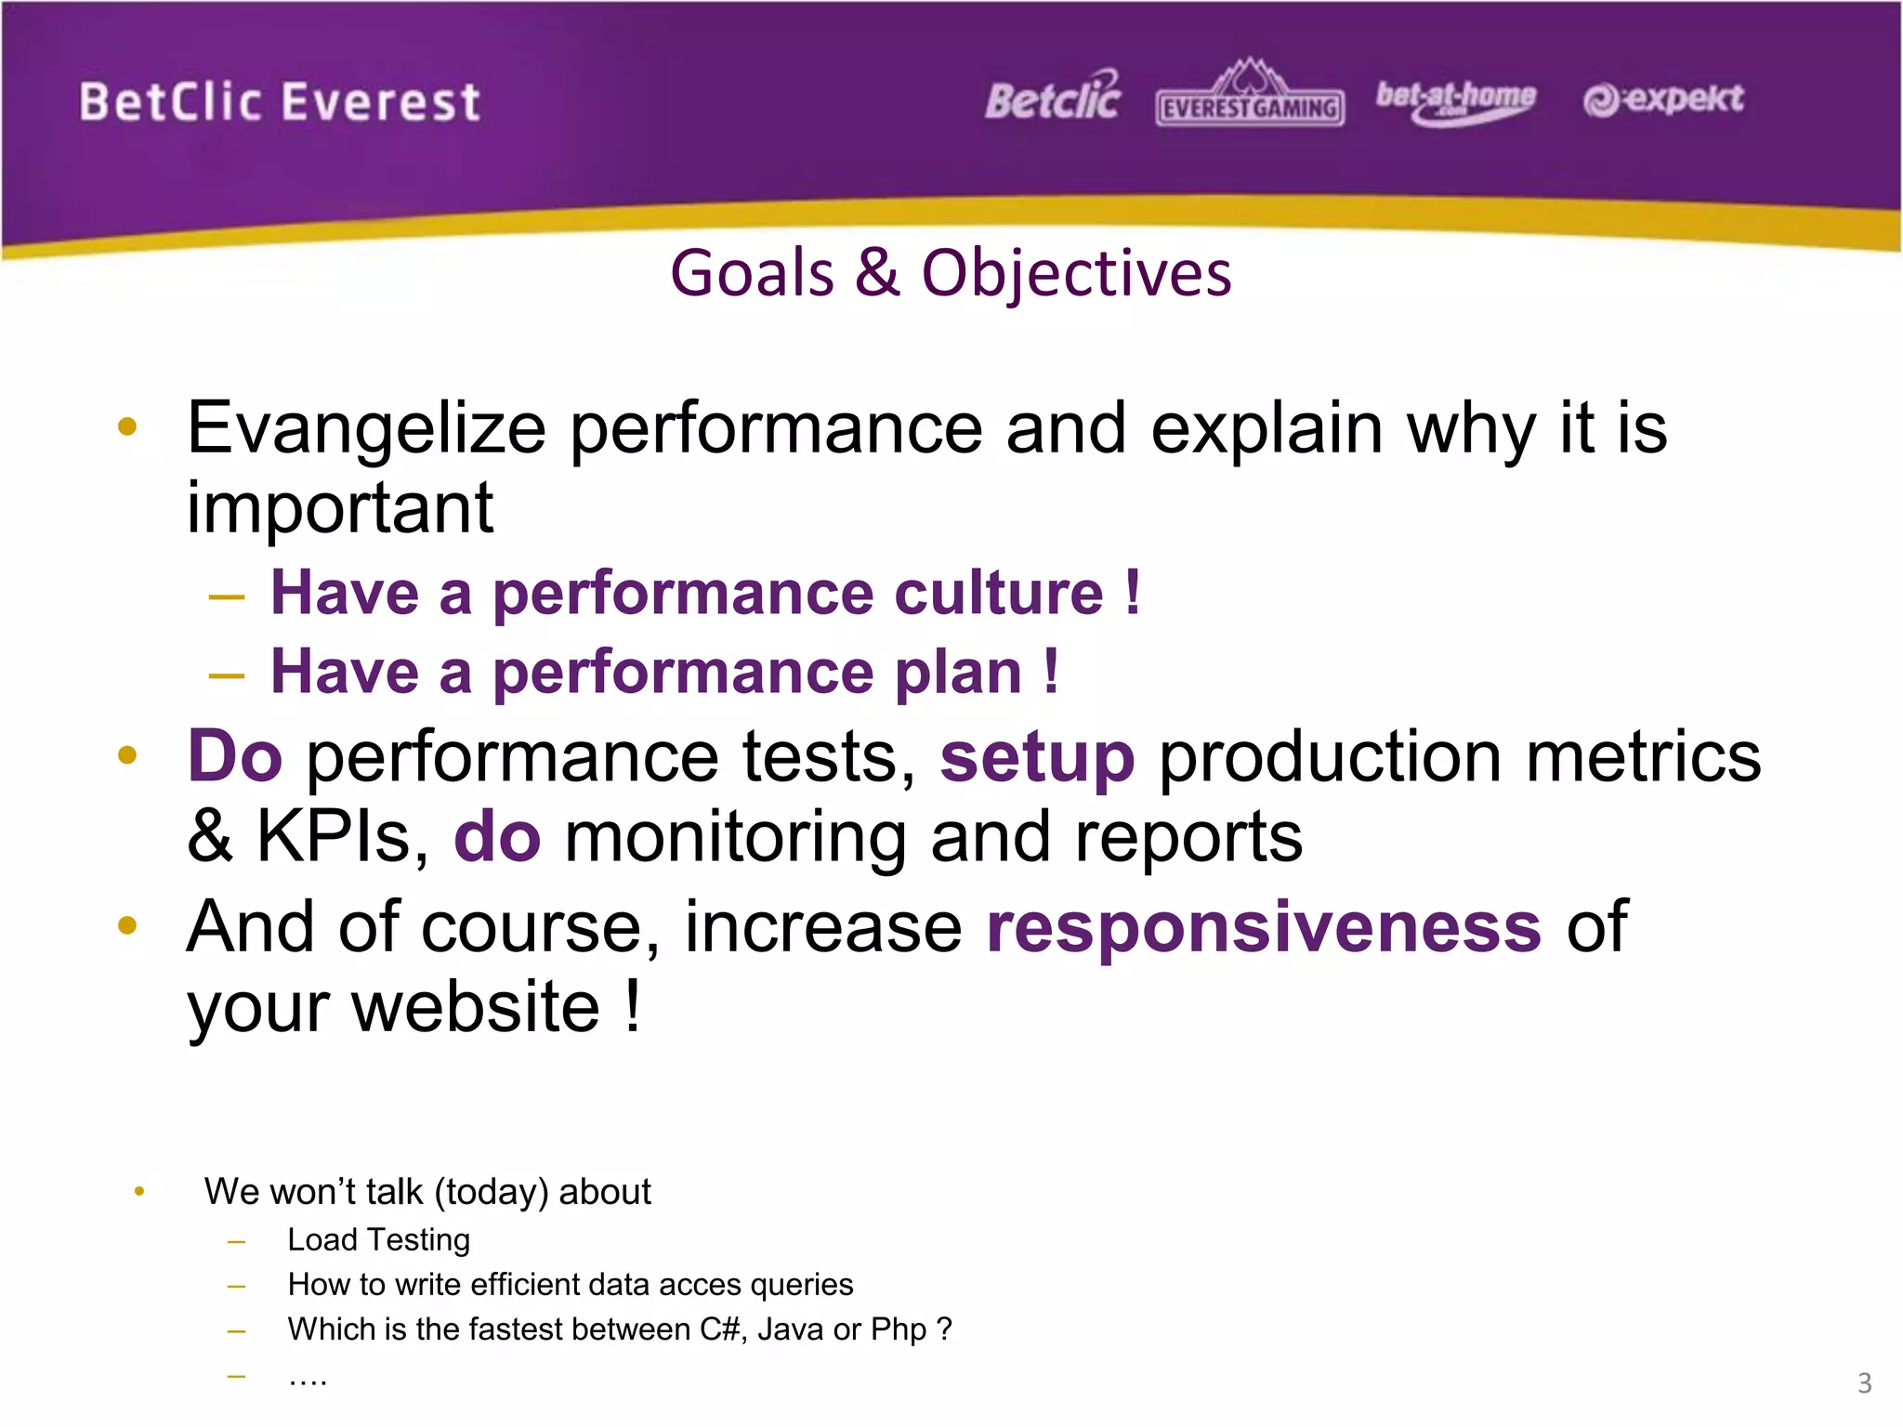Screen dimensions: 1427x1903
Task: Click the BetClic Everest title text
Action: pos(279,102)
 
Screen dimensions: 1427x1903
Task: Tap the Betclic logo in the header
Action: pos(1053,98)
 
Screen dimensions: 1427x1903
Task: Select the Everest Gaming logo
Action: pos(1250,97)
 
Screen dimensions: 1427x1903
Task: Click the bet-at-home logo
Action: pos(1455,98)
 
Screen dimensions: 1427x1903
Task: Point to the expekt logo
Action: pos(1663,98)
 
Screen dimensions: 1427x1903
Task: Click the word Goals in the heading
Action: pos(753,274)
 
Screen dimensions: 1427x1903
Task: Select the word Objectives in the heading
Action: pos(1076,274)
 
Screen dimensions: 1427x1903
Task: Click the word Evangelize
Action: pos(366,429)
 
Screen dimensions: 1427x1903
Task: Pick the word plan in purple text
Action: pos(957,673)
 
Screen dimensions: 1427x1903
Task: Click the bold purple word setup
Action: pos(1037,758)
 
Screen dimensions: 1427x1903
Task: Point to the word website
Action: pos(476,1007)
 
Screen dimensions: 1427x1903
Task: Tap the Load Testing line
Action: pos(378,1239)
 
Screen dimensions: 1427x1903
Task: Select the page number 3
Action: pos(1864,1382)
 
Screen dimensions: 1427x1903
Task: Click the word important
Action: pos(339,509)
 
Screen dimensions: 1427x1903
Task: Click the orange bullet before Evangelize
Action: pos(128,427)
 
